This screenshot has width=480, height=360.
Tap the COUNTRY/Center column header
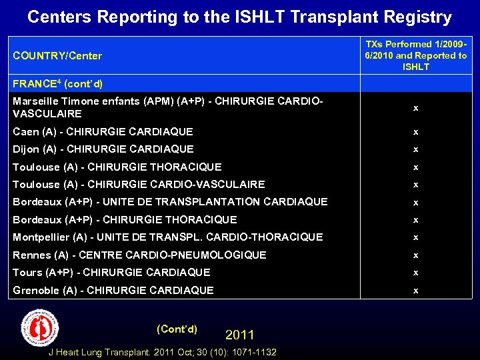pyautogui.click(x=57, y=55)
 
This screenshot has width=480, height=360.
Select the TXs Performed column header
pyautogui.click(x=415, y=55)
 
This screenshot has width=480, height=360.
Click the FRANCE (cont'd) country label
pyautogui.click(x=57, y=85)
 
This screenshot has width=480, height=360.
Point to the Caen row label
pyautogui.click(x=103, y=132)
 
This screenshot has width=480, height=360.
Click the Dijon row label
pyautogui.click(x=103, y=149)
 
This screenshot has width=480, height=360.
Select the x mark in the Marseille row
pyautogui.click(x=415, y=107)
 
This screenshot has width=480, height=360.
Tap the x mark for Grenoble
pyautogui.click(x=415, y=290)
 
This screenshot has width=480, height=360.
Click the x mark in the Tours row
pyautogui.click(x=415, y=272)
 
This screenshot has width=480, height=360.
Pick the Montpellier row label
pyautogui.click(x=167, y=237)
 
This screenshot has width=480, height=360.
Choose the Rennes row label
pyautogui.click(x=139, y=255)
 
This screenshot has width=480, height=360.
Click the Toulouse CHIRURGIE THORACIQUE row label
pyautogui.click(x=117, y=167)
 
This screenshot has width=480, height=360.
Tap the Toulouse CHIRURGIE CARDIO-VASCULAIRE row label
pyautogui.click(x=139, y=184)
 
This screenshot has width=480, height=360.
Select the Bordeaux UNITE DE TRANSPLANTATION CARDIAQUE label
pyautogui.click(x=170, y=201)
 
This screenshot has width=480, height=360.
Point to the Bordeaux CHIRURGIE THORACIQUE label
pyautogui.click(x=125, y=219)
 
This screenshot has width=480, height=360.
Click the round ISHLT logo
pyautogui.click(x=41, y=328)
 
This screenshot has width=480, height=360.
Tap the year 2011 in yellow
pyautogui.click(x=240, y=335)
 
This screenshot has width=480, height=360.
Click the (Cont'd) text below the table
pyautogui.click(x=177, y=329)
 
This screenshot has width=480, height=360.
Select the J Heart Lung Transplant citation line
pyautogui.click(x=163, y=352)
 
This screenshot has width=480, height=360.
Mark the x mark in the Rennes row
pyautogui.click(x=415, y=255)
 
